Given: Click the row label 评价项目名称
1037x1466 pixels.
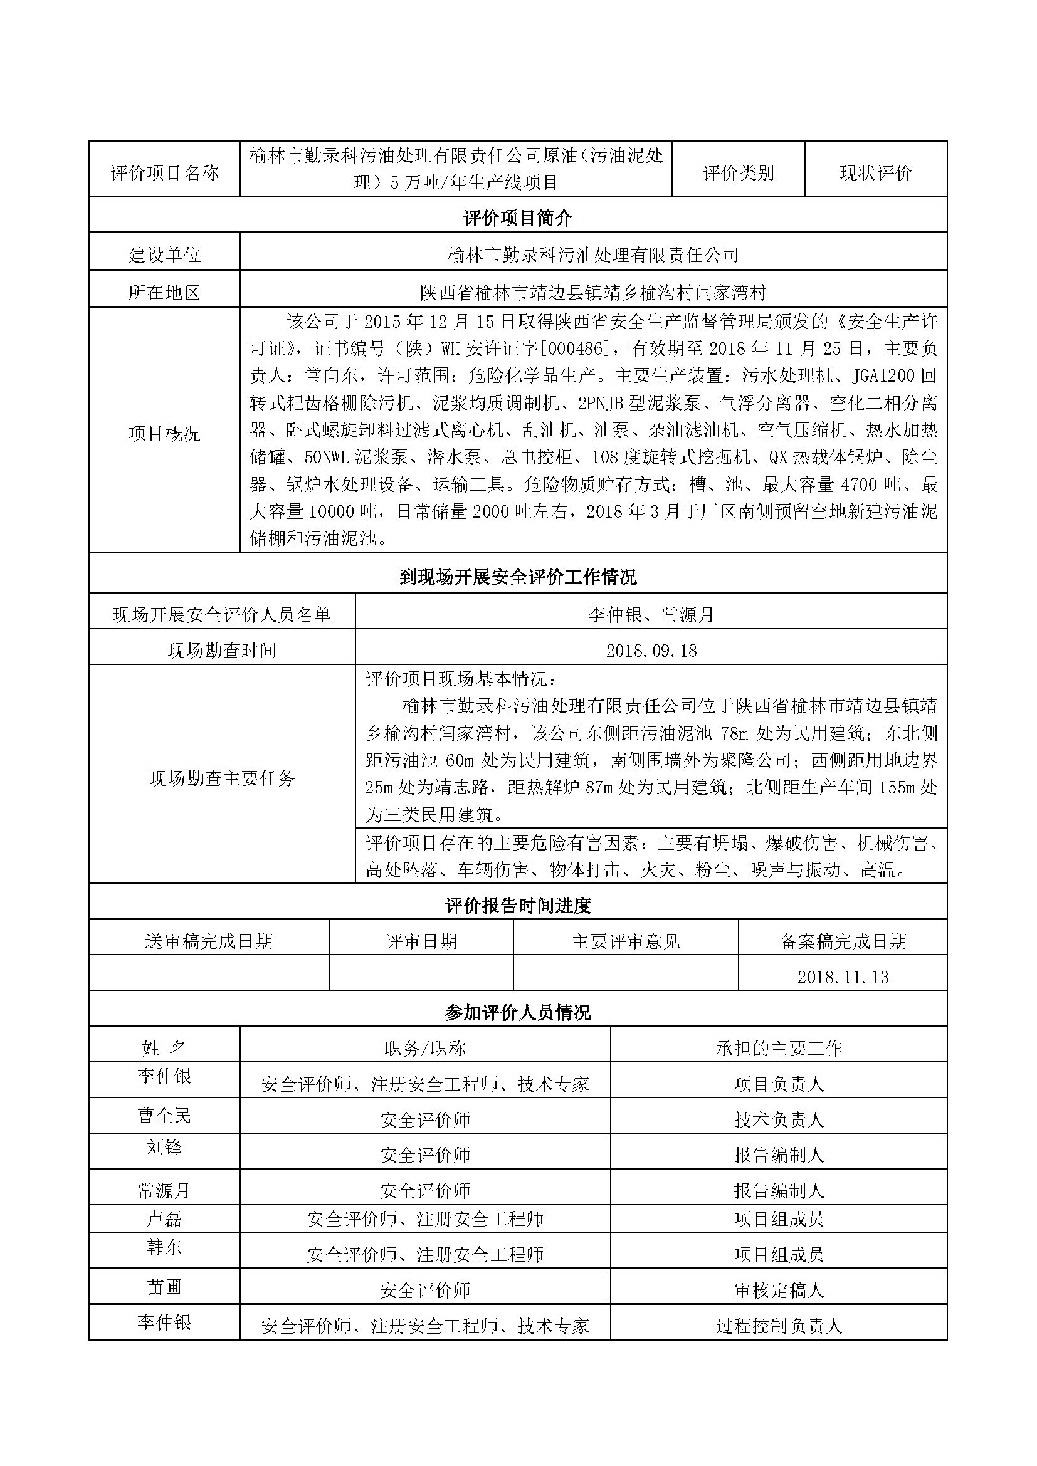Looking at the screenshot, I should tap(165, 172).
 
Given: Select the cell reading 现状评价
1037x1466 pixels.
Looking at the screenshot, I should tap(875, 173).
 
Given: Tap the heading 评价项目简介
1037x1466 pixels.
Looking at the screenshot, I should tap(517, 218).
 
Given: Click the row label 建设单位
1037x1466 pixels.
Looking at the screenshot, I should tap(165, 255).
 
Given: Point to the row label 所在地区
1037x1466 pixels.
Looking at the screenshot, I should tap(165, 293).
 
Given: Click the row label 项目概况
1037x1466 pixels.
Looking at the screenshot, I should tap(165, 434).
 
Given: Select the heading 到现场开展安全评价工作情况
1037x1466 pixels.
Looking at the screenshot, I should tap(517, 578).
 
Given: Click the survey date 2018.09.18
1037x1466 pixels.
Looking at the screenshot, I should tap(651, 651).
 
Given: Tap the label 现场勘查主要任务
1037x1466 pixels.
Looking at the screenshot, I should tap(221, 778).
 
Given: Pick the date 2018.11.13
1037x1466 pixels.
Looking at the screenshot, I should tap(842, 977).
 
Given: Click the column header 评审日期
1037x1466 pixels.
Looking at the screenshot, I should tap(421, 941).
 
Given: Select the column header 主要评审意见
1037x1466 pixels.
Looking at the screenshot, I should tap(625, 941).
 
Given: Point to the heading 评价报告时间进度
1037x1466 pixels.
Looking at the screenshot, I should tap(517, 906).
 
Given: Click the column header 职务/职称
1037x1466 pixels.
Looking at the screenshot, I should tap(424, 1048).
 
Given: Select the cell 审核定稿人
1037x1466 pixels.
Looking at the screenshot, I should tap(779, 1291).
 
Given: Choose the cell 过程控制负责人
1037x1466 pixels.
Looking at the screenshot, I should tap(779, 1326).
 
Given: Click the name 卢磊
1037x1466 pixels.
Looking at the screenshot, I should tap(165, 1219).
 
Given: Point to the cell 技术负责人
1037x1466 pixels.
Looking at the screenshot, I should tap(779, 1119).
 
